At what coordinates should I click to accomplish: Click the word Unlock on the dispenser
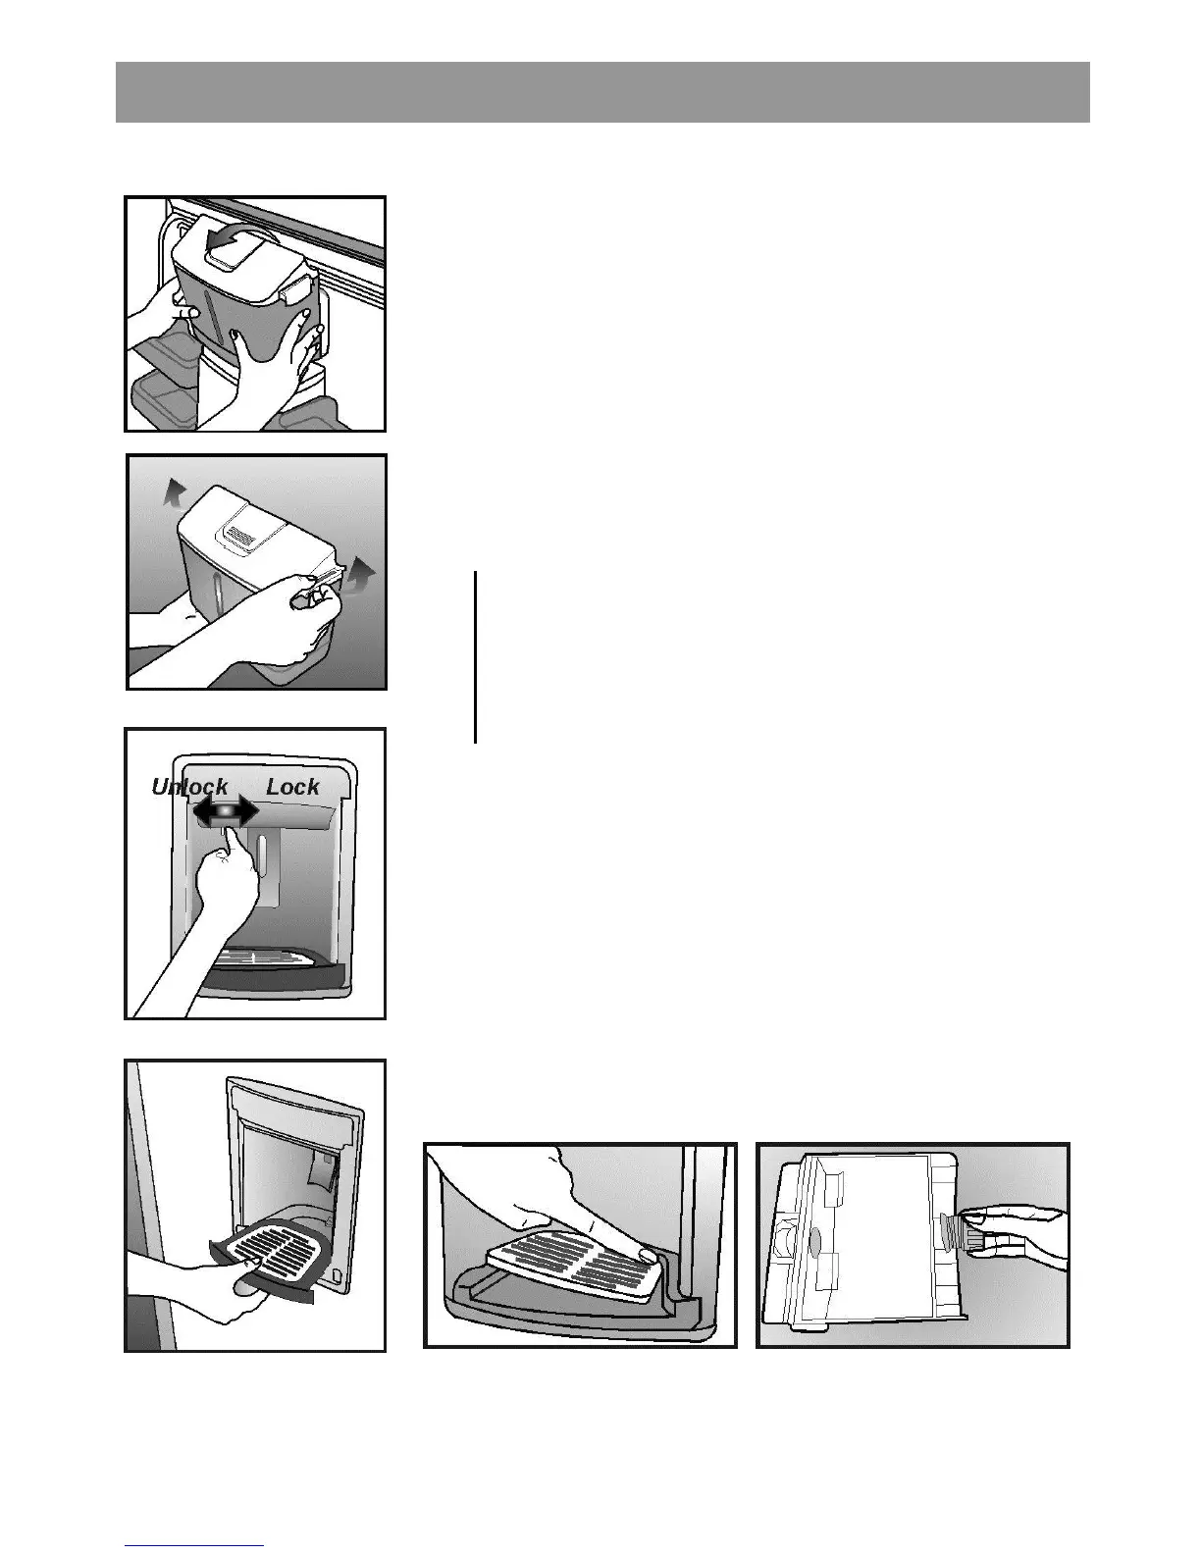click(189, 787)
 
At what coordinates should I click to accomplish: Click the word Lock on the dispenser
click(292, 787)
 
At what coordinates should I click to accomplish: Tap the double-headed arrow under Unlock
click(225, 811)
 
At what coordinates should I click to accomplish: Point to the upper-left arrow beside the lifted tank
click(173, 490)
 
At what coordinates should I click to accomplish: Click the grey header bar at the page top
click(601, 92)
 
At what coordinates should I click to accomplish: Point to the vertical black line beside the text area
click(475, 657)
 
